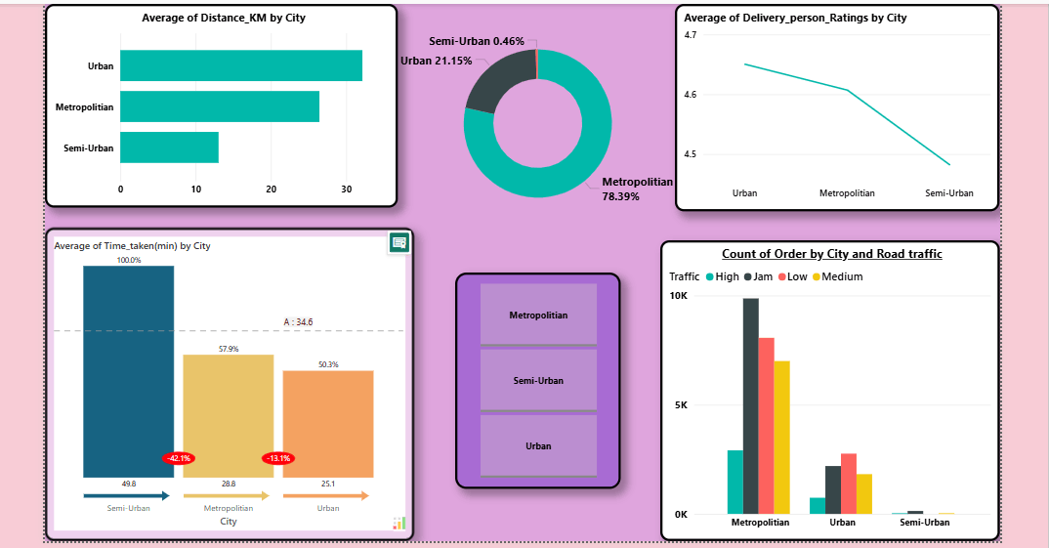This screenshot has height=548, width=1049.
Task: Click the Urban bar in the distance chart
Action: pyautogui.click(x=240, y=65)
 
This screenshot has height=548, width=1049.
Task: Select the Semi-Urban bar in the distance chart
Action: pyautogui.click(x=169, y=148)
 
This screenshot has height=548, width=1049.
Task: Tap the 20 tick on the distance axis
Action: pyautogui.click(x=271, y=189)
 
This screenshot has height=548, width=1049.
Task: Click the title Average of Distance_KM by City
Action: pyautogui.click(x=224, y=19)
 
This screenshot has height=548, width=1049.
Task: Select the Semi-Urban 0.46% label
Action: pyautogui.click(x=477, y=41)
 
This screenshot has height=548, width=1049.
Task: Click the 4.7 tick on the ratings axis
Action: pyautogui.click(x=691, y=35)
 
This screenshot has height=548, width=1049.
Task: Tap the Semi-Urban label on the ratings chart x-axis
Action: pyautogui.click(x=949, y=193)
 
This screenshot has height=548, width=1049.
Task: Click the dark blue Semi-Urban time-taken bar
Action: pyautogui.click(x=128, y=371)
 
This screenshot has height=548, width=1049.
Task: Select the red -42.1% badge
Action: pyautogui.click(x=179, y=458)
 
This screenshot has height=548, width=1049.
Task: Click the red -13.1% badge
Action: pyautogui.click(x=278, y=458)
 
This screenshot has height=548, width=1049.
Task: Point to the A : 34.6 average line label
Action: pyautogui.click(x=298, y=321)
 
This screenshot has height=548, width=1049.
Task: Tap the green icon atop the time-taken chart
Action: pyautogui.click(x=399, y=242)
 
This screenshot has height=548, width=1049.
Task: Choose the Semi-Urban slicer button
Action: pyautogui.click(x=538, y=380)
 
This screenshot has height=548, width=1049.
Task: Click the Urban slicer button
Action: pyautogui.click(x=538, y=445)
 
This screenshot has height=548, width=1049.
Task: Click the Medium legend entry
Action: pyautogui.click(x=836, y=276)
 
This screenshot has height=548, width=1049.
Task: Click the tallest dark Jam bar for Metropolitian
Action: pyautogui.click(x=750, y=405)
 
